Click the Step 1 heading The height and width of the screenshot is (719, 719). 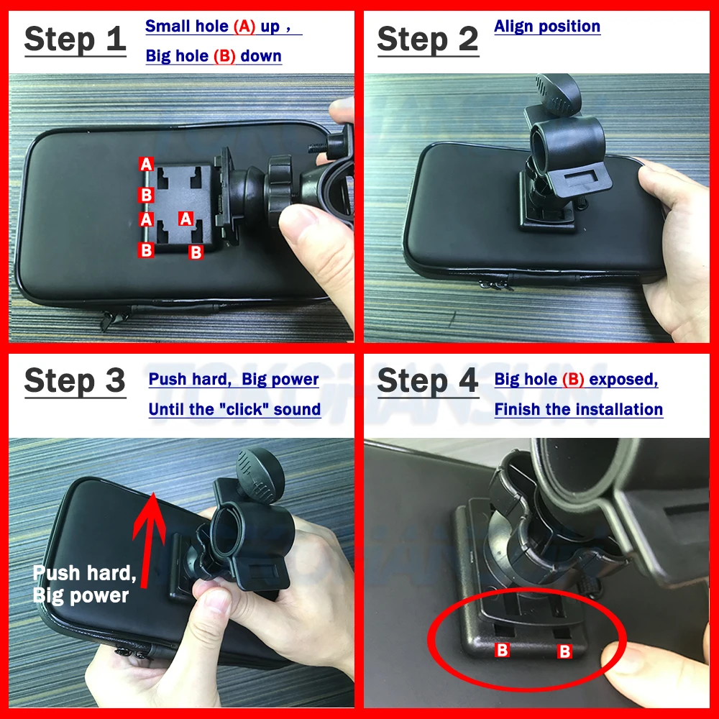[75, 40]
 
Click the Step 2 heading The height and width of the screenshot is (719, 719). [427, 40]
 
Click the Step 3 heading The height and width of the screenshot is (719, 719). [75, 381]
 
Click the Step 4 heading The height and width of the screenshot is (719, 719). [427, 381]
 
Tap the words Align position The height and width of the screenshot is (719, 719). [547, 27]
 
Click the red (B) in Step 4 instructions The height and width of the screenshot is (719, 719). [573, 380]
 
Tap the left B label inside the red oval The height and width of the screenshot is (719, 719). [503, 651]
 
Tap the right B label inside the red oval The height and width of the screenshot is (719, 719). [565, 651]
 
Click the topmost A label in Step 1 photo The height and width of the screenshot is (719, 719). [147, 164]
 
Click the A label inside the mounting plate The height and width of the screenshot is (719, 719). [186, 219]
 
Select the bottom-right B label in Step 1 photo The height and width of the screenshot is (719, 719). [195, 252]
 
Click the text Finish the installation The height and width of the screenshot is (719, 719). [578, 409]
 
